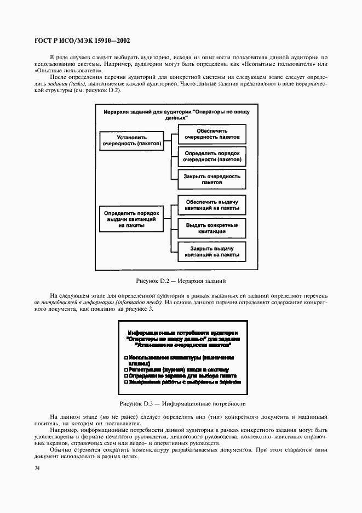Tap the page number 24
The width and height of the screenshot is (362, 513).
[x=37, y=468]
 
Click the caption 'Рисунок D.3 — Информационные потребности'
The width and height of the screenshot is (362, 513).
[x=182, y=403]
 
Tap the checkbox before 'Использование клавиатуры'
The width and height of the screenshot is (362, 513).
[x=127, y=357]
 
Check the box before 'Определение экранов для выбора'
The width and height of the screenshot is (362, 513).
[x=127, y=377]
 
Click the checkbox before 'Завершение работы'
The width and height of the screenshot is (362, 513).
[x=127, y=383]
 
